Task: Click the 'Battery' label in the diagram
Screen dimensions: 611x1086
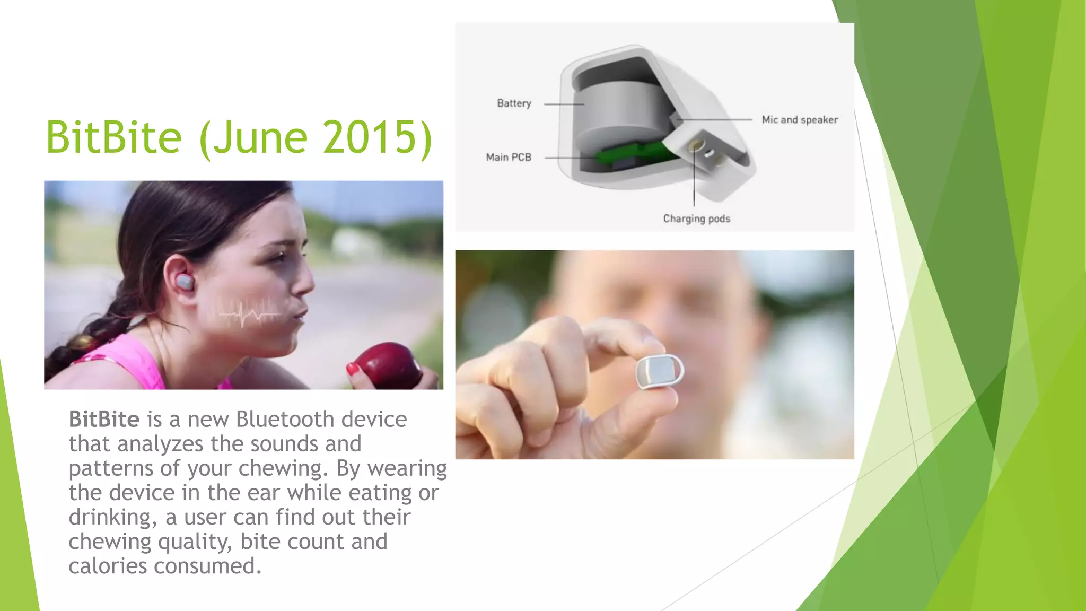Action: (x=514, y=103)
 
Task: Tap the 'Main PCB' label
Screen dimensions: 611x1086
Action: (x=509, y=158)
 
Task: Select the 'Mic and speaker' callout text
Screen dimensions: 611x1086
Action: (x=800, y=120)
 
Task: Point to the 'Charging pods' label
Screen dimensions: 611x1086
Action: (x=696, y=219)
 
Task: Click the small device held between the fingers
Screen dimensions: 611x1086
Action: (x=659, y=371)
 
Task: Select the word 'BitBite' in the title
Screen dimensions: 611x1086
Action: (x=113, y=137)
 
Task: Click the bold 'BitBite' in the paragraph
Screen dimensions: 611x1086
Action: (x=104, y=420)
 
